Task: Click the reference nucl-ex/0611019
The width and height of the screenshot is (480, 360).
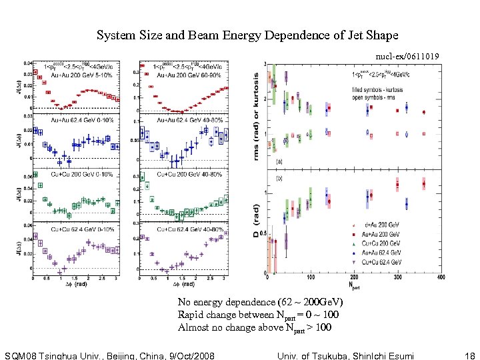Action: [x=407, y=58]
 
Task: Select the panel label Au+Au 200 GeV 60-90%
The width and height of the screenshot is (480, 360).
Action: [x=178, y=75]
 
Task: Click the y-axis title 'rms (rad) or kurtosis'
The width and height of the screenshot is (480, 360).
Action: [x=257, y=116]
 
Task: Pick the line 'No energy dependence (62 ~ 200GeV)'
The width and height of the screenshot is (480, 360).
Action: [x=260, y=302]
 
